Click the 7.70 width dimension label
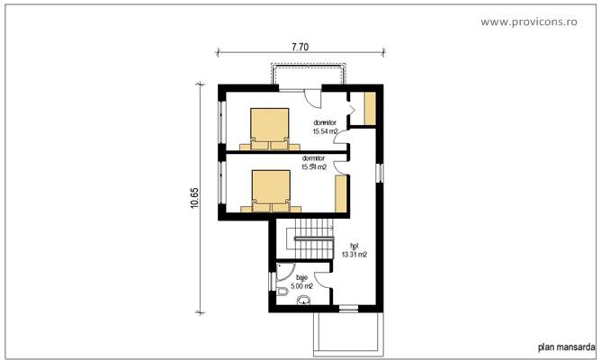click(x=300, y=46)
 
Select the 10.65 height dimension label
click(x=194, y=197)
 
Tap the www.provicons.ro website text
click(x=537, y=21)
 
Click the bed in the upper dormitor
click(x=269, y=128)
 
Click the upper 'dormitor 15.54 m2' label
click(x=325, y=127)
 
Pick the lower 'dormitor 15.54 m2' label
click(x=314, y=163)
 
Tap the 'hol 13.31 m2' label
click(x=354, y=249)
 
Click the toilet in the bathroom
click(x=281, y=293)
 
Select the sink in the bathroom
click(x=302, y=301)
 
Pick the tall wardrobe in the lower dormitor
click(x=341, y=193)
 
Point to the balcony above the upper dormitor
click(x=307, y=74)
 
